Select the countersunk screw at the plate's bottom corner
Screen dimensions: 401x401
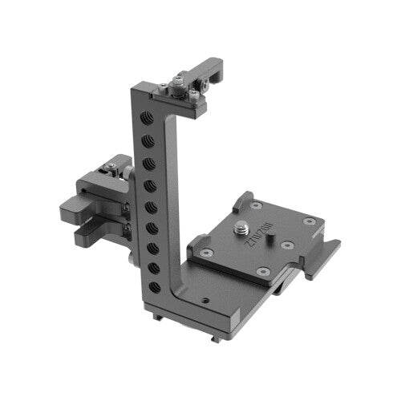[259, 273]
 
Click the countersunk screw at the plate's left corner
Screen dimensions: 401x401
[209, 252]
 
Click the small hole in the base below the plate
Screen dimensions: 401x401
[206, 302]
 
